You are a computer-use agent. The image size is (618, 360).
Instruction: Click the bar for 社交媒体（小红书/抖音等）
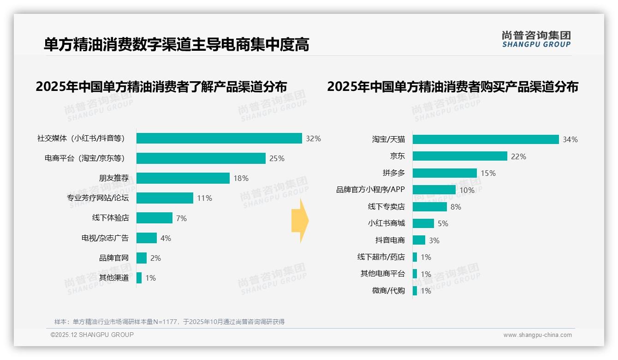(219, 138)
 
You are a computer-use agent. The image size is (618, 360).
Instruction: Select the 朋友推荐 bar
(183, 178)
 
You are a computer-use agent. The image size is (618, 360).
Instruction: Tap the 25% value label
(277, 158)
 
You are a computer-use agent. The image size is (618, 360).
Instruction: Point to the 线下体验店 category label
(111, 218)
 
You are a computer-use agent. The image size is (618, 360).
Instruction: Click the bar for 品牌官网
(142, 258)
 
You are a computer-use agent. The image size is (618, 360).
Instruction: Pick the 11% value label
(204, 198)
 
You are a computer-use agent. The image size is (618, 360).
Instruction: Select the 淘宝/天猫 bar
(486, 139)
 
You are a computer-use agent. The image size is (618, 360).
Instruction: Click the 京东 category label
(397, 156)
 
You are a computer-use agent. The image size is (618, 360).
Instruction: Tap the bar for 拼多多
(445, 173)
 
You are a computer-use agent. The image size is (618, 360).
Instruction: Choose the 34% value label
(570, 139)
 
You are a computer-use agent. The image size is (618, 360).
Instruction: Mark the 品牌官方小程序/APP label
(370, 190)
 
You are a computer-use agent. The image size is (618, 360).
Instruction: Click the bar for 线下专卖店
(430, 207)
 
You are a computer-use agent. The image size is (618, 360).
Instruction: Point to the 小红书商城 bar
(423, 223)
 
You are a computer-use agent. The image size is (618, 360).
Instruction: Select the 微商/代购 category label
(388, 291)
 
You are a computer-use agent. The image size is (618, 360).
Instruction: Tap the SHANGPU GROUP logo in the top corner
(536, 39)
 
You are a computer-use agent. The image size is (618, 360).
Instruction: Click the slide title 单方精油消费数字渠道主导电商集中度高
(176, 45)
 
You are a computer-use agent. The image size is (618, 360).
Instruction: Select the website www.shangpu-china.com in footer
(537, 335)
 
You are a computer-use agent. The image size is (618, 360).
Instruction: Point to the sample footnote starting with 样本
(169, 322)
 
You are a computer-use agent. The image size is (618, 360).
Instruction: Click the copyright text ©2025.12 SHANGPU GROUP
(92, 335)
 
